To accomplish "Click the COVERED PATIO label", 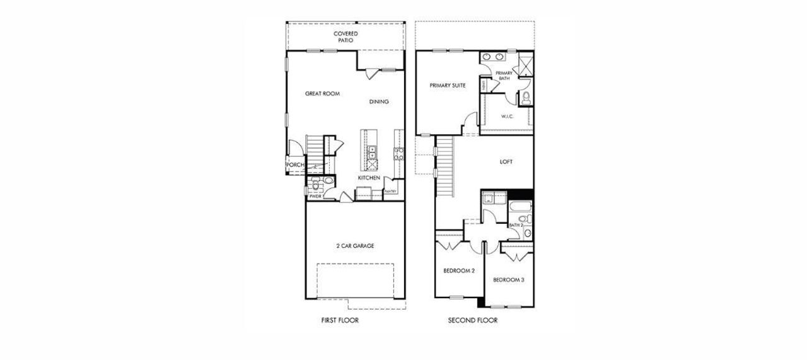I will coord(345,37).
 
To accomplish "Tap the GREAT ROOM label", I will coord(322,94).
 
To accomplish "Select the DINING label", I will coord(379,102).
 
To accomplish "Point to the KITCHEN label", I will coord(369,178).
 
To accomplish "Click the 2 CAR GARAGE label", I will coord(354,246).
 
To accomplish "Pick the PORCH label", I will coord(294,165).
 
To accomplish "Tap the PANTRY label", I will coord(390,191).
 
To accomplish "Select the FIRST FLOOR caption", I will coord(340,320).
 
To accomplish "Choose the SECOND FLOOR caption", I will coord(473,320).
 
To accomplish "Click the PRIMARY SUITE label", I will coord(448,86).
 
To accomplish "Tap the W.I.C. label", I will coord(508,117).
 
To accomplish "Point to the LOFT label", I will coord(506,162).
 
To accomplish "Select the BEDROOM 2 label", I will coord(459,270).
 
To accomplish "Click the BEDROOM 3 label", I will coord(509,280).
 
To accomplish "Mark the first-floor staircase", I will coord(313,151).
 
